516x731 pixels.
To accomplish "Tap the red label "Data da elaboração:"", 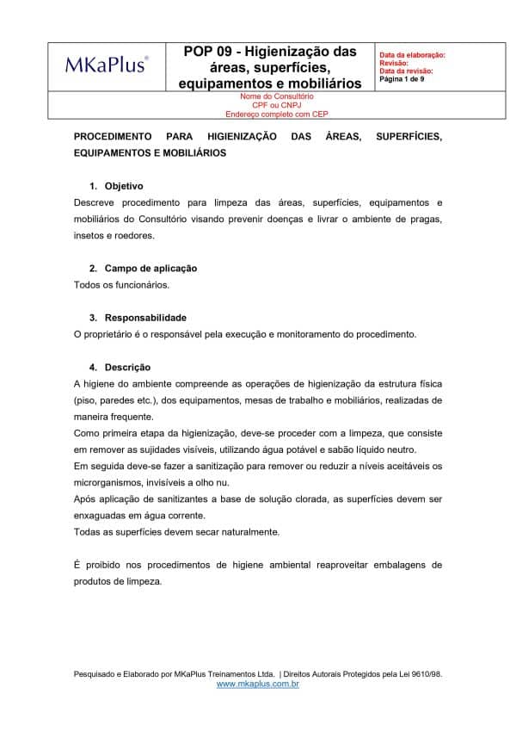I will (412, 55).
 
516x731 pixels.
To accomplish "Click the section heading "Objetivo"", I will (124, 186).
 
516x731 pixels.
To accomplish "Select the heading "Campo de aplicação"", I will (150, 269).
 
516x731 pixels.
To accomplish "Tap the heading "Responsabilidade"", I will (145, 318).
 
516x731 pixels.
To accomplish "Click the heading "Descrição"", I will (127, 367).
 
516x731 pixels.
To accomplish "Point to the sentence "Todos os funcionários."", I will (121, 285).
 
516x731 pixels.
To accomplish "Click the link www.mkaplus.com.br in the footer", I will (257, 684).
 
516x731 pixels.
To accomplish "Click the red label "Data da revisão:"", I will (406, 71).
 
